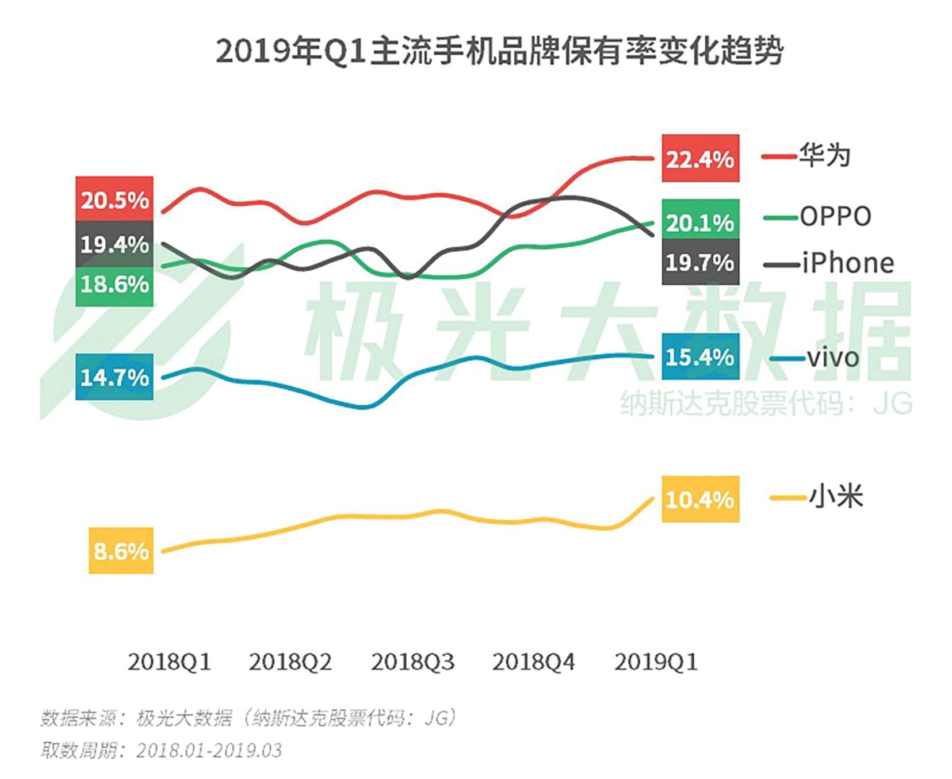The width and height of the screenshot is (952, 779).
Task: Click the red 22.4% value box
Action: point(700,158)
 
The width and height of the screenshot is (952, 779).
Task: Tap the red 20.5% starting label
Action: point(114,199)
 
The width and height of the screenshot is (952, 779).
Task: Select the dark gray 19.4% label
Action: point(114,244)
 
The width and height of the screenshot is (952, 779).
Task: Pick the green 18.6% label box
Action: point(114,285)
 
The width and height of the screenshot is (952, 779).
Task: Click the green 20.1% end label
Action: point(700,222)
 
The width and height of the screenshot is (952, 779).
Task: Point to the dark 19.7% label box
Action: point(700,263)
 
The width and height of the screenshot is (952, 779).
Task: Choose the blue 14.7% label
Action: point(114,377)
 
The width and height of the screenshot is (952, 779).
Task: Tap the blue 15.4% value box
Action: point(700,356)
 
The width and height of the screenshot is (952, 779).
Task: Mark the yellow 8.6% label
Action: point(121,551)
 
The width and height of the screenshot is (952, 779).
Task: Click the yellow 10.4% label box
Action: point(700,499)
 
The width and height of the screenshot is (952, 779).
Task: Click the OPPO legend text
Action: point(835,217)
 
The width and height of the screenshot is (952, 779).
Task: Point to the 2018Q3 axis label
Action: point(412,662)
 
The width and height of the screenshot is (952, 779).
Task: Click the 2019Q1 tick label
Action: point(656,662)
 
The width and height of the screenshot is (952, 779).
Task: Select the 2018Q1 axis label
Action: point(169,662)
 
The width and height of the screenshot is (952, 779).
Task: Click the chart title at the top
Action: point(499,51)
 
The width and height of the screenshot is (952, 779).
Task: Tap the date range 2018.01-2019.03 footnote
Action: point(209,751)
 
